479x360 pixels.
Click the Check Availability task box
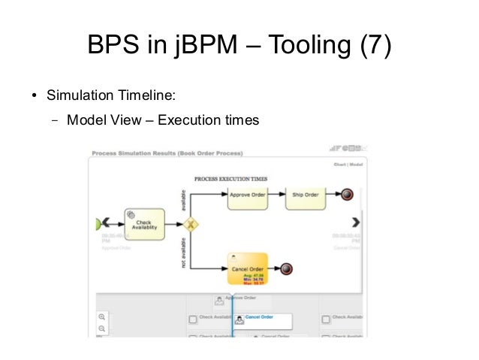(x=143, y=223)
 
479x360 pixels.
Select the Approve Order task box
(x=248, y=195)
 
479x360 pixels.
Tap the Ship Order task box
(x=306, y=195)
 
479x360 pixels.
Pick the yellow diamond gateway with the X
(x=191, y=223)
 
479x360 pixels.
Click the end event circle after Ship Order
(x=347, y=195)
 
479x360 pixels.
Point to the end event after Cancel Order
(x=286, y=268)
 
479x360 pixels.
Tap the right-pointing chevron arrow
(x=356, y=222)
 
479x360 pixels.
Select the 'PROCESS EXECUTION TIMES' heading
(x=230, y=179)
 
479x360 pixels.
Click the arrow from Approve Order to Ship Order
(x=278, y=195)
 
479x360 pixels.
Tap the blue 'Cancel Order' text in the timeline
(x=259, y=317)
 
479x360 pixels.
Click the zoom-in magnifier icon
(x=102, y=317)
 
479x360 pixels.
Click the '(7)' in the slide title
(x=372, y=46)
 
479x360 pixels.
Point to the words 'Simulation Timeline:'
(x=112, y=95)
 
